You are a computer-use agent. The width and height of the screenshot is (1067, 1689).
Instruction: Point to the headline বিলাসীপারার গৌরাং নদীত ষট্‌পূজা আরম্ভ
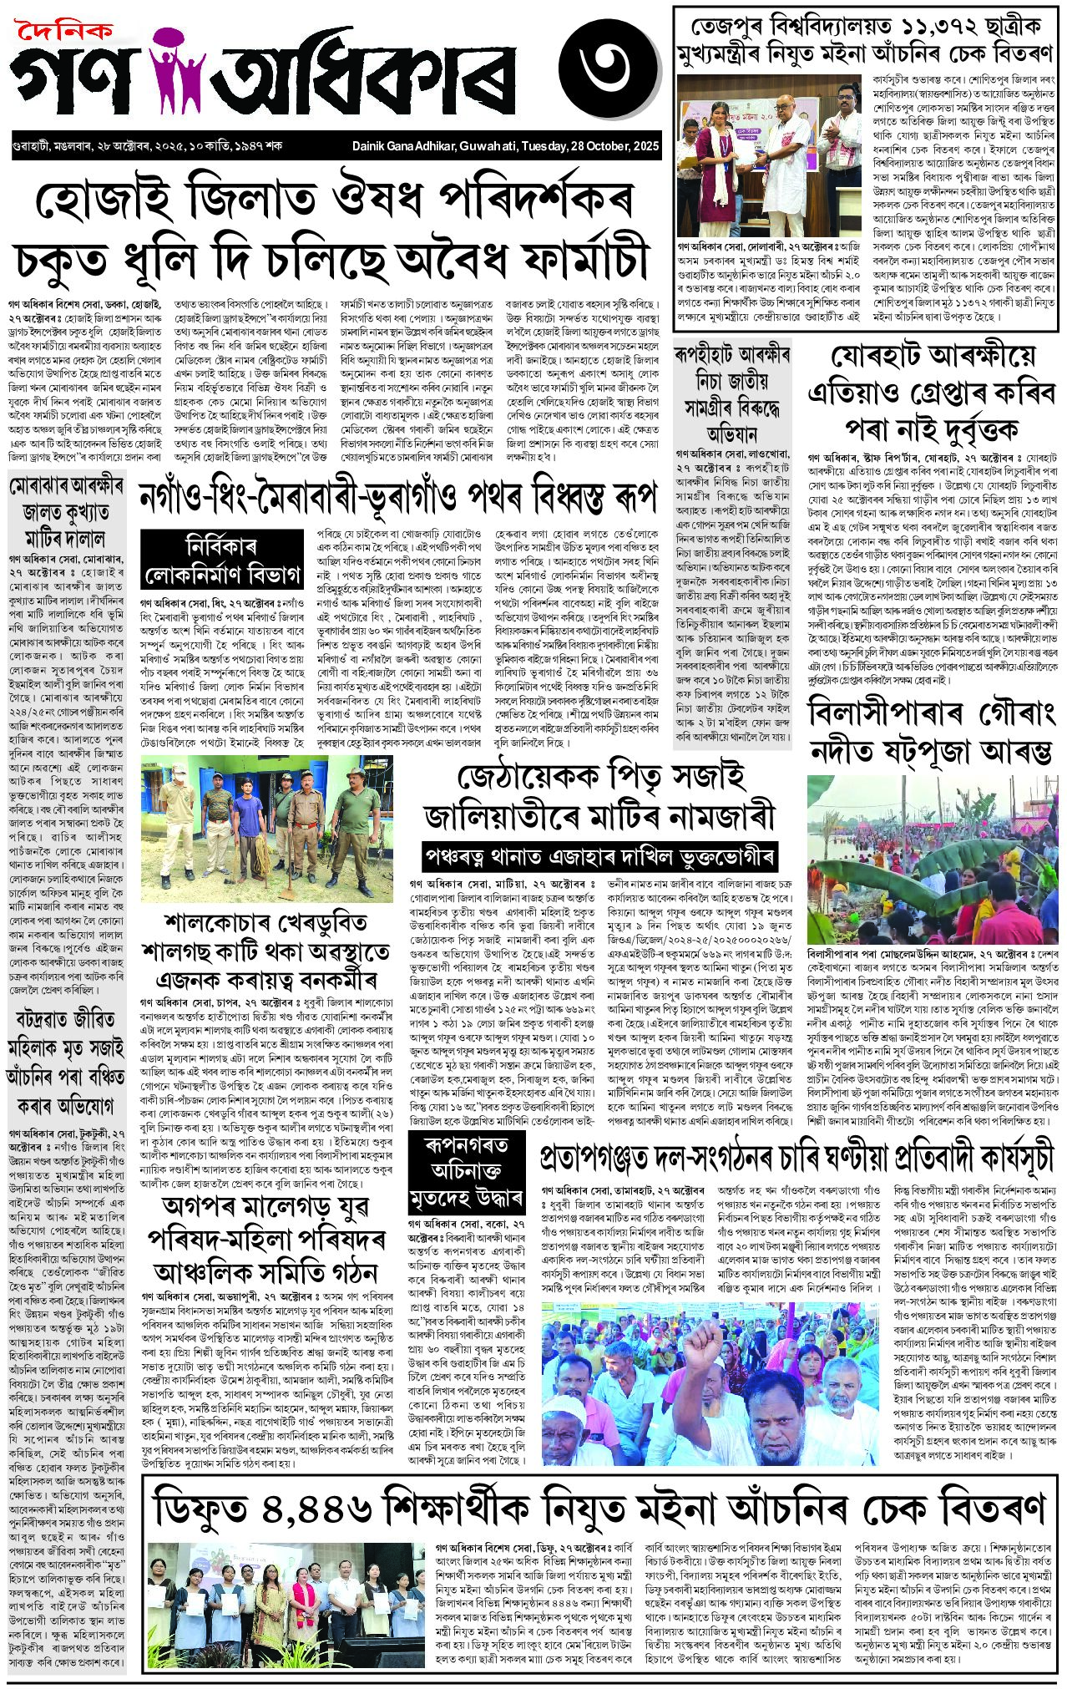coord(932,733)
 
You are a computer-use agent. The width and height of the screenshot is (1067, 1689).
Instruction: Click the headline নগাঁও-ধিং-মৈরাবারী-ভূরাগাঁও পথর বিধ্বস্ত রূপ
coord(397,494)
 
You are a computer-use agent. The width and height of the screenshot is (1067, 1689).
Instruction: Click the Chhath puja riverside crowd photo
coord(932,859)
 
